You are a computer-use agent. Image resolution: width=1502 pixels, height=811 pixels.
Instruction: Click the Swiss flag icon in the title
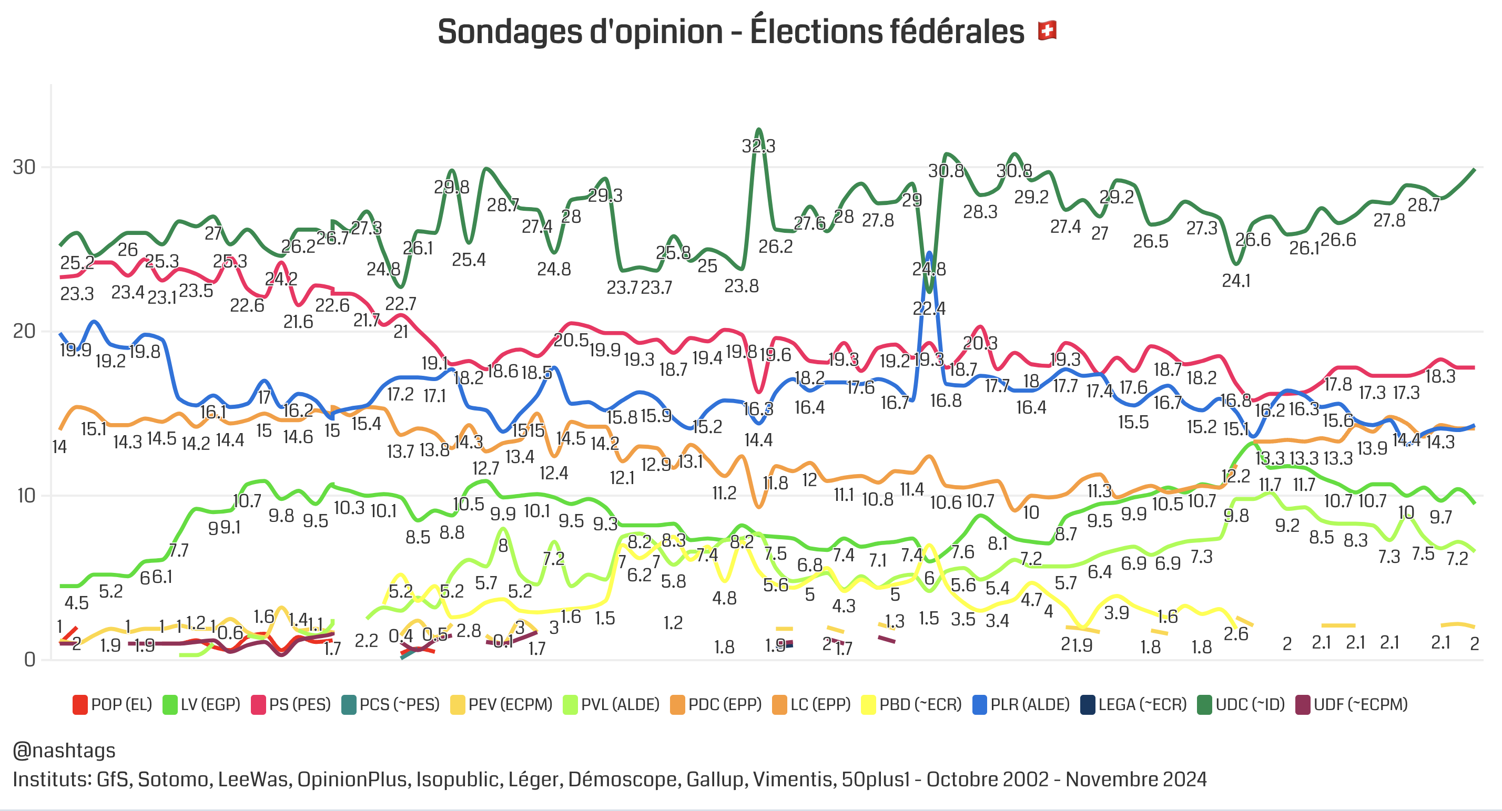[x=1047, y=30]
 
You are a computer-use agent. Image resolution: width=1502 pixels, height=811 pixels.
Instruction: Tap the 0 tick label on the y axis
[x=29, y=660]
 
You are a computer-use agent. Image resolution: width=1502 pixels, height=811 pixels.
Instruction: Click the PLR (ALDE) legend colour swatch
[x=980, y=704]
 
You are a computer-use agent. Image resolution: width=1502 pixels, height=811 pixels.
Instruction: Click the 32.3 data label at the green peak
[x=758, y=146]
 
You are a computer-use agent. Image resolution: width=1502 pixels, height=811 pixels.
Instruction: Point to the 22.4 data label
[x=929, y=308]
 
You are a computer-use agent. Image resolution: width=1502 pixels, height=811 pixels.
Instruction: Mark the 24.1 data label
[x=1236, y=281]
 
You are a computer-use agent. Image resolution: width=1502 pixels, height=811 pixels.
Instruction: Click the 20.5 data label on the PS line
[x=571, y=340]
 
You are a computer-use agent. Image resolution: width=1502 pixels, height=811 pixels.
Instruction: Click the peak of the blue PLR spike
[x=929, y=253]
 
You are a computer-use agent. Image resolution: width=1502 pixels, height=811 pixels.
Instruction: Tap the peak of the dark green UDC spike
[x=758, y=129]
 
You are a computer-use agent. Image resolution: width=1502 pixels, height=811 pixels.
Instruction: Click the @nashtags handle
[x=64, y=751]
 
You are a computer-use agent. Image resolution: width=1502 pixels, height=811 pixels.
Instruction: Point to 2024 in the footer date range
[x=1184, y=779]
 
